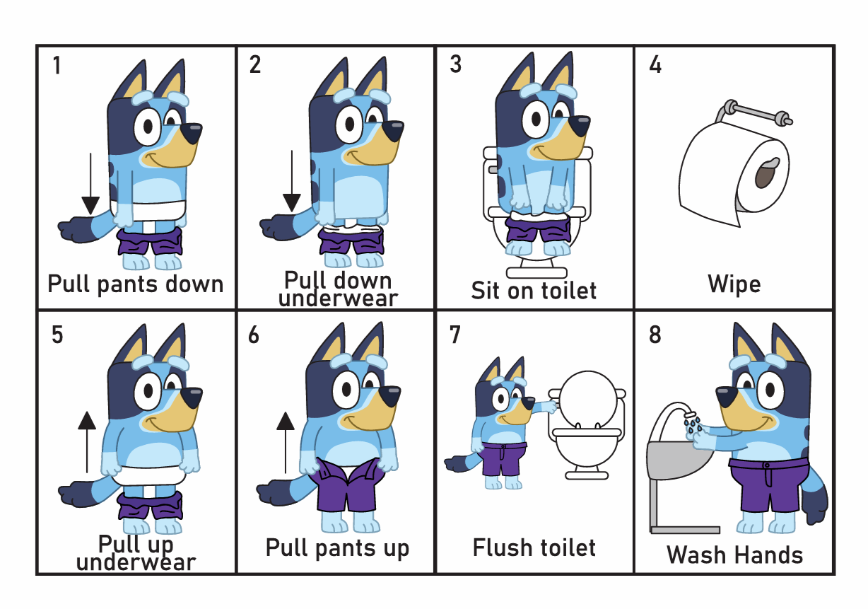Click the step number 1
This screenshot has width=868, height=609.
57,65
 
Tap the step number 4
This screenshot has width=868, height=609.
655,64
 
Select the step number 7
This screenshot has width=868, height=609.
455,334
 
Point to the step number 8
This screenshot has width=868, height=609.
655,334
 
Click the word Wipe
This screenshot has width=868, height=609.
734,284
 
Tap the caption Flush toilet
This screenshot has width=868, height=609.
534,547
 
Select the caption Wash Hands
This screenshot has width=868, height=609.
734,555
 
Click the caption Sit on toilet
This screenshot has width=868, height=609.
534,290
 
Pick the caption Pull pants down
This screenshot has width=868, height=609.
136,285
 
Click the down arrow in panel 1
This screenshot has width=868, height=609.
90,184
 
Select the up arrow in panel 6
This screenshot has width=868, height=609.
286,442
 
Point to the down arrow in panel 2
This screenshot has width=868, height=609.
292,181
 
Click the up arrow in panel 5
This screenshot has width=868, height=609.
87,442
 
